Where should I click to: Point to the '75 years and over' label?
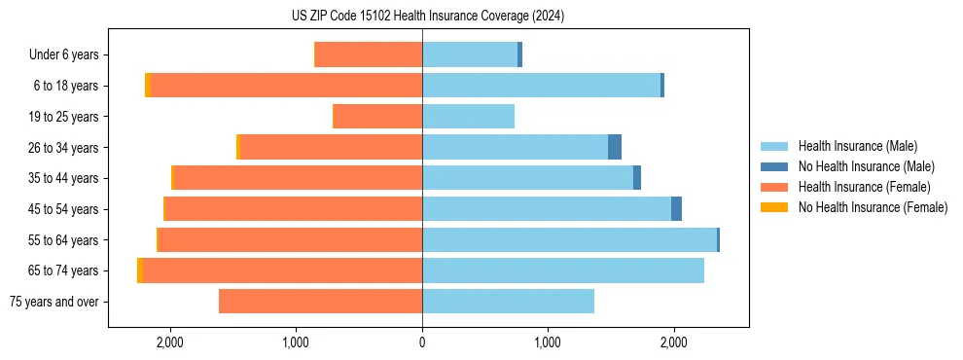[53, 302]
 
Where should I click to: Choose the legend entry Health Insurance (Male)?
[857, 146]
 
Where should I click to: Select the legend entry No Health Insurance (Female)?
[873, 207]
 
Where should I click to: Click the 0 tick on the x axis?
[422, 342]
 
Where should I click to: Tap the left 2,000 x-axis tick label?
[170, 342]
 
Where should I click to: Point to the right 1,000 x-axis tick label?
[548, 342]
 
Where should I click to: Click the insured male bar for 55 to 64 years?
[569, 240]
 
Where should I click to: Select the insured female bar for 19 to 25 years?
[377, 117]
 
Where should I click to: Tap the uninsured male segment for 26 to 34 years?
[615, 148]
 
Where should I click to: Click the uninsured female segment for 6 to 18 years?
[148, 86]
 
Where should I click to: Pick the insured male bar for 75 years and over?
[508, 302]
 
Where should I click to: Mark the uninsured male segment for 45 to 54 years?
[676, 209]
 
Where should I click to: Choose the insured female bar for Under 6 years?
[369, 55]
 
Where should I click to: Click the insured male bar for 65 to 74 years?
[563, 270]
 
